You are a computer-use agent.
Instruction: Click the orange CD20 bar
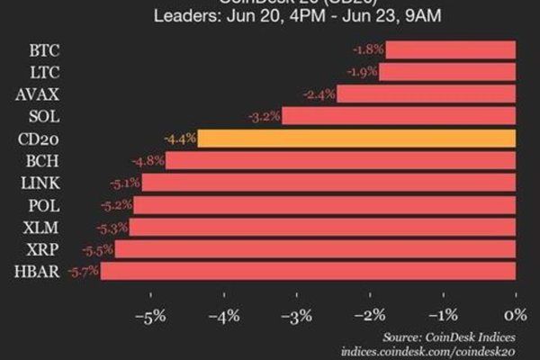[x=356, y=139]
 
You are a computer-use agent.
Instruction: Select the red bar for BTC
[x=450, y=49]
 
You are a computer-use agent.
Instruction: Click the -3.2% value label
[x=264, y=116]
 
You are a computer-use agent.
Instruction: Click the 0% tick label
[x=515, y=316]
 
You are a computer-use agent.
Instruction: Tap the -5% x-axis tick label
[x=148, y=316]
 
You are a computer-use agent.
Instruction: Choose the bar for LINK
[x=328, y=183]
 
